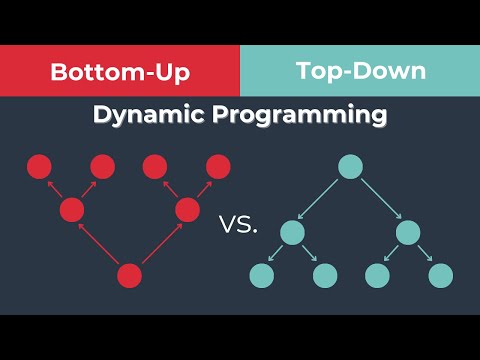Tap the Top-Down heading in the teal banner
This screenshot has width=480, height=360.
360,73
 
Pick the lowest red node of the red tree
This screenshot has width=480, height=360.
130,275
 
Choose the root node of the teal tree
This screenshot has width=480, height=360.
350,167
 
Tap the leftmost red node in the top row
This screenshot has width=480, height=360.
39,167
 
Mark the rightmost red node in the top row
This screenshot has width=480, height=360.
218,167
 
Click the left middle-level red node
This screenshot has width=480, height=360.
71,210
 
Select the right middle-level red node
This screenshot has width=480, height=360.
188,210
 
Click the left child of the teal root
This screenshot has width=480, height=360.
292,233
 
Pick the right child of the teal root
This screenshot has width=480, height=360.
408,233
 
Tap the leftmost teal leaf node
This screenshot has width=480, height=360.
262,275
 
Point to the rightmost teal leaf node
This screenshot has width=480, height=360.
440,275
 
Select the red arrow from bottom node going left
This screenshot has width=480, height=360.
100,243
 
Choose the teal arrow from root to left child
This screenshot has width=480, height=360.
321,200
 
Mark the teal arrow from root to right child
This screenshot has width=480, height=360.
379,200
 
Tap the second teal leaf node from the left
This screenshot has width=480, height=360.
324,275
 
